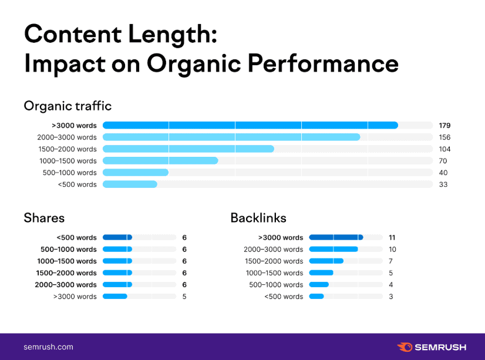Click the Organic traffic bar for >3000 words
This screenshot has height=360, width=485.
[x=250, y=125]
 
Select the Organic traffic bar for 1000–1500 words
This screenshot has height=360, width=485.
[x=160, y=161]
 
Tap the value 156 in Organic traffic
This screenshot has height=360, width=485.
[x=444, y=137]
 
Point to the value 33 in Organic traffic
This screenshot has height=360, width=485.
[x=443, y=184]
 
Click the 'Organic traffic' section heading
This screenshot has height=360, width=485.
[x=68, y=106]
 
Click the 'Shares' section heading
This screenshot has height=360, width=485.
[x=44, y=218]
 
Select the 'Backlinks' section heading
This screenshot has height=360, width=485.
[x=258, y=218]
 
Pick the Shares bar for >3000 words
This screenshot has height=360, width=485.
[x=115, y=297]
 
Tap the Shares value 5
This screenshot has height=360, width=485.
[x=184, y=297]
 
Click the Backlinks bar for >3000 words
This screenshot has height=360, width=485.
[x=336, y=238]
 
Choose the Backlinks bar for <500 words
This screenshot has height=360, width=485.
[x=316, y=297]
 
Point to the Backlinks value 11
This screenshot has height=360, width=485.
[x=392, y=238]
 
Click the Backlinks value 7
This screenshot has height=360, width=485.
[x=391, y=261]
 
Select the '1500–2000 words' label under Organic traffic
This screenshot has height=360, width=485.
[x=67, y=149]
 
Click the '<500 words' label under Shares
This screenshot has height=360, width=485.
[x=76, y=238]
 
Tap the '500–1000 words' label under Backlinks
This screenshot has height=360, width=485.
[x=276, y=285]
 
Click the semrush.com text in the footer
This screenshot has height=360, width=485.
[x=48, y=346]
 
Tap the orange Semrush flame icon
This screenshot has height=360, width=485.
[x=405, y=347]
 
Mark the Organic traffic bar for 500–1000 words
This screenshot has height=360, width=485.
[x=136, y=173]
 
